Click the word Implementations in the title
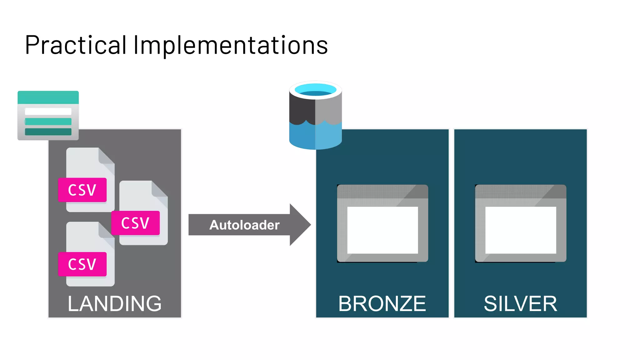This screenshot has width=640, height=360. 231,45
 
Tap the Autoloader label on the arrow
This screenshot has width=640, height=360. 244,225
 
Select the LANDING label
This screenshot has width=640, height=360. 115,303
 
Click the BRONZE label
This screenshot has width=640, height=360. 382,303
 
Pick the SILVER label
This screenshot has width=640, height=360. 520,303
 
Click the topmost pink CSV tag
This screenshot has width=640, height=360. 82,190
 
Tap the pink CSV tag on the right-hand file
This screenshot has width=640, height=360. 135,223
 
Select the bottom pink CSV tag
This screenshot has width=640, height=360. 82,264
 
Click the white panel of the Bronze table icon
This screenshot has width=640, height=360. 382,230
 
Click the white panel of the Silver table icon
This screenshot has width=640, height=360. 521,230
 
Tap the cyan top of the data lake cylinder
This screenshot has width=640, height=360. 315,89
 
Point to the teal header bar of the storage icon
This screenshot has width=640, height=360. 48,97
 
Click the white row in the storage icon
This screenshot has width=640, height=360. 48,111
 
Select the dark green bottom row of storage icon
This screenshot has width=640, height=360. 48,132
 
